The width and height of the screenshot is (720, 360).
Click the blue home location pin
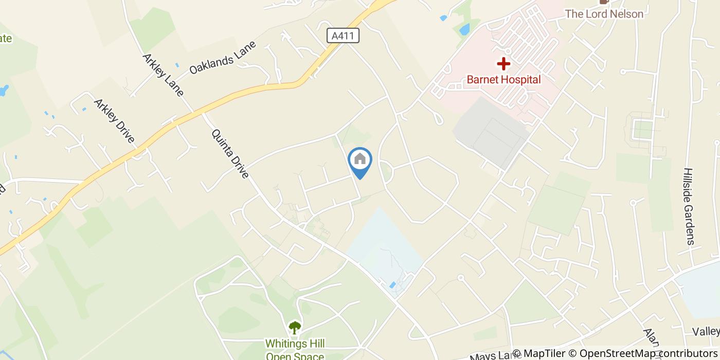360,160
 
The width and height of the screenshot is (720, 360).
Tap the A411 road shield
343,35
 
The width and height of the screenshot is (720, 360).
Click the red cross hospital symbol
503,64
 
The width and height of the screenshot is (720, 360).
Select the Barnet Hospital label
503,80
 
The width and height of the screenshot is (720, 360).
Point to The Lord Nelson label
604,14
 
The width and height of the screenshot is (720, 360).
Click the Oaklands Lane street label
222,58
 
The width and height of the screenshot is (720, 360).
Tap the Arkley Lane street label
163,75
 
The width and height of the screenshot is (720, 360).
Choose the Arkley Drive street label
114,121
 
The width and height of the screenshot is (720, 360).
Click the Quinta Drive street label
230,154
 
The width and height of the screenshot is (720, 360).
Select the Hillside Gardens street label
690,206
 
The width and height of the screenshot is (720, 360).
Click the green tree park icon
295,327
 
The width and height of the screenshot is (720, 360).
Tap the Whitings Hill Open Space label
295,349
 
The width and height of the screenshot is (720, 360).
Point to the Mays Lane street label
489,355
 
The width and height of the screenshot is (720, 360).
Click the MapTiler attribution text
543,353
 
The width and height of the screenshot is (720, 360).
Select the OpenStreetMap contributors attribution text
648,353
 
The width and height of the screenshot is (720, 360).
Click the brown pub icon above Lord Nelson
604,2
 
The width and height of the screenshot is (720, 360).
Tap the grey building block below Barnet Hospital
491,132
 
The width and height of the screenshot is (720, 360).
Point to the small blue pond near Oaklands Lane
177,65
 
